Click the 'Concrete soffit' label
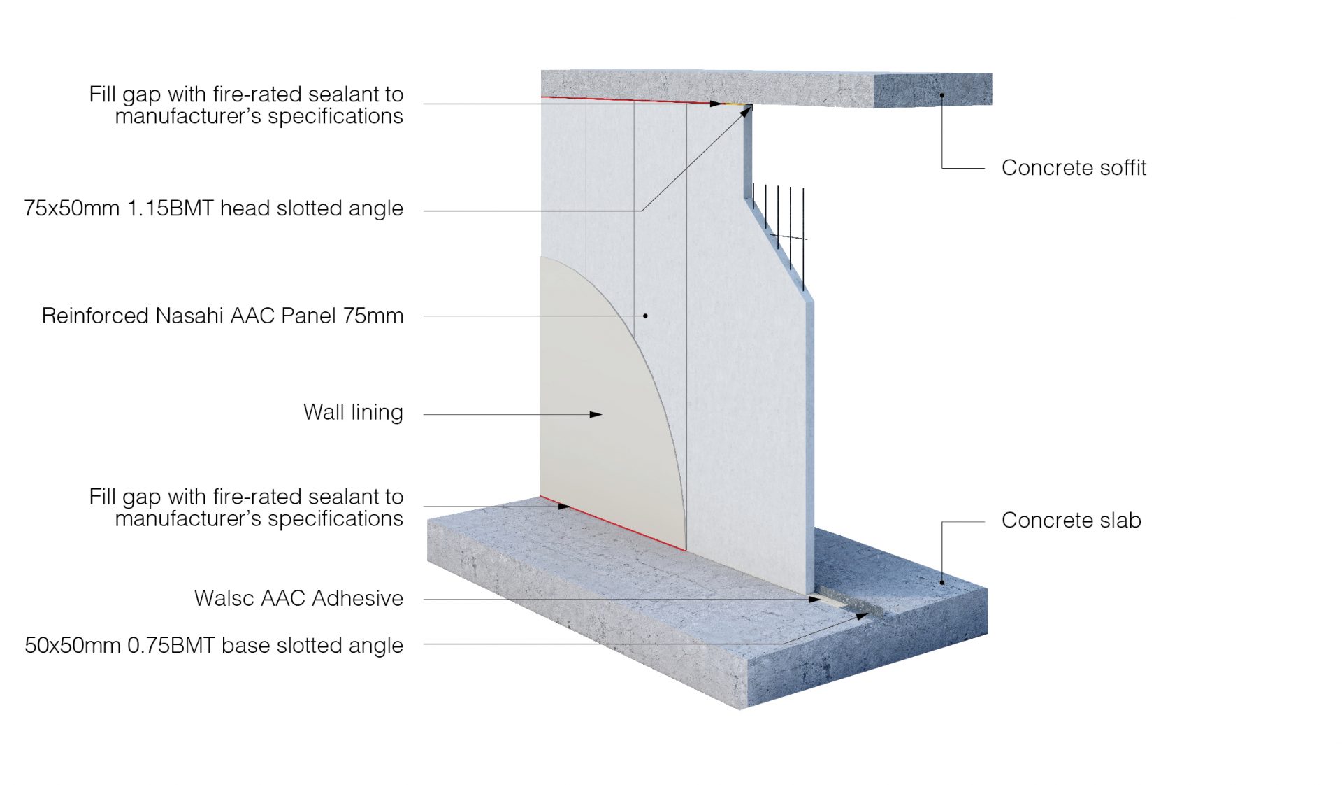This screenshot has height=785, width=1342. (1073, 168)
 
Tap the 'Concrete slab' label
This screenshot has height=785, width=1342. (1071, 521)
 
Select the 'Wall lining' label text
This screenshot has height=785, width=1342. (353, 413)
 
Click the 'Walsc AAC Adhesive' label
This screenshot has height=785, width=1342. (298, 599)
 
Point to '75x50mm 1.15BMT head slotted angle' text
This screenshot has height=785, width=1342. (213, 208)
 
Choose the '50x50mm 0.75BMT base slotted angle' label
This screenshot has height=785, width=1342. (213, 645)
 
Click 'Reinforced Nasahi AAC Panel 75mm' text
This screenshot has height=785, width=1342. (222, 316)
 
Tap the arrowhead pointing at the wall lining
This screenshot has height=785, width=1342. (596, 415)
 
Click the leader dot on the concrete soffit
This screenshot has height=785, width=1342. (942, 94)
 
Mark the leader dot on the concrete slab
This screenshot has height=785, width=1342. (942, 582)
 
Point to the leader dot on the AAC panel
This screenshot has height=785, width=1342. (645, 316)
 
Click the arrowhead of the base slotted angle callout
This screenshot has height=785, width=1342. (863, 616)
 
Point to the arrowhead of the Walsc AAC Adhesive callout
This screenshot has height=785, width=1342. (815, 600)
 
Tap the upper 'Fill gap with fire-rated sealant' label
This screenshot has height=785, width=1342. (246, 105)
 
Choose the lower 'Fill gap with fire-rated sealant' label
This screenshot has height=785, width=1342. (246, 507)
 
